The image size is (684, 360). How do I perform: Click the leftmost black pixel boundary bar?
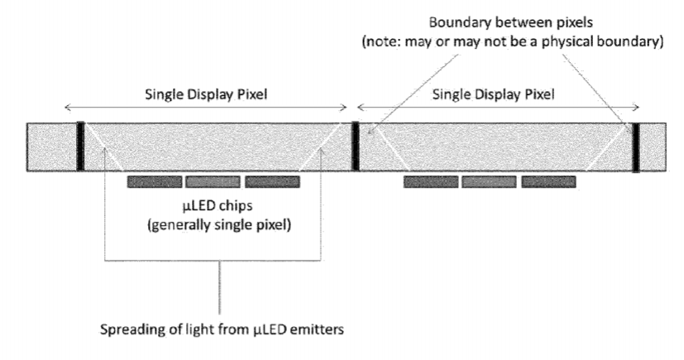(80, 146)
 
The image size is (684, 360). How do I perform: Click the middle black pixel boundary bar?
(356, 146)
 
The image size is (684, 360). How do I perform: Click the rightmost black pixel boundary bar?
(636, 147)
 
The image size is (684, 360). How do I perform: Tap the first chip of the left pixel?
(155, 182)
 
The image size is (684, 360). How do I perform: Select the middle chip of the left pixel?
(213, 182)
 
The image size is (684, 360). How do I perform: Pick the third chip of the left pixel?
(272, 182)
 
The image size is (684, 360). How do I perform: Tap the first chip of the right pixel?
(431, 182)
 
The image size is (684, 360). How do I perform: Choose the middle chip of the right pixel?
(489, 182)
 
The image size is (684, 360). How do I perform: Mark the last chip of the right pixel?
(548, 182)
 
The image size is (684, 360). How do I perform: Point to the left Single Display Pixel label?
(206, 94)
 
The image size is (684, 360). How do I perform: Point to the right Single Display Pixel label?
(494, 94)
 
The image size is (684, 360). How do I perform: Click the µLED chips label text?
(218, 205)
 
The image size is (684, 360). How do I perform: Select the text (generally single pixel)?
(219, 225)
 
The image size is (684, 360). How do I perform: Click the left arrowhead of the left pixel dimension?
(66, 107)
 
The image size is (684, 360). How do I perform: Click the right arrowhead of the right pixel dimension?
(637, 107)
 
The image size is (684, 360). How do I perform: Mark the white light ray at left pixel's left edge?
(103, 147)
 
